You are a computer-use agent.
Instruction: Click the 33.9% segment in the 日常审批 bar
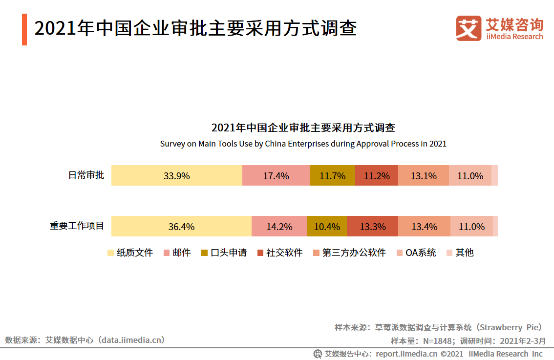(x=176, y=176)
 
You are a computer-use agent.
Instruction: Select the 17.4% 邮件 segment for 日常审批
(x=276, y=176)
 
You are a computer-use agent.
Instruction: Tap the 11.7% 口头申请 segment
(x=332, y=176)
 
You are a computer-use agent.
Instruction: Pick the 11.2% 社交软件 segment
(x=377, y=176)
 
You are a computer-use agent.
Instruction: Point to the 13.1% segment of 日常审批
(x=424, y=176)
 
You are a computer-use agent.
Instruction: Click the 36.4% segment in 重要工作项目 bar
(x=181, y=227)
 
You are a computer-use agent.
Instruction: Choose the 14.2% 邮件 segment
(x=279, y=227)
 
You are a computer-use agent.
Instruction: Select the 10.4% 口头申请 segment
(x=327, y=227)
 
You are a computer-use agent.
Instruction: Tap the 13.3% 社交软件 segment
(x=372, y=227)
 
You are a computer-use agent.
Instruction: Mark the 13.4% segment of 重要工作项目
(x=424, y=227)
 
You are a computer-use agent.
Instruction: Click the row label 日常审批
(x=86, y=175)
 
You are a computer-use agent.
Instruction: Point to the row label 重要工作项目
(x=77, y=226)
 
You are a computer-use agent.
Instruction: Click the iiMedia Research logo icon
(x=469, y=28)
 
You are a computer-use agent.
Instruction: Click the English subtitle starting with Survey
(x=303, y=144)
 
